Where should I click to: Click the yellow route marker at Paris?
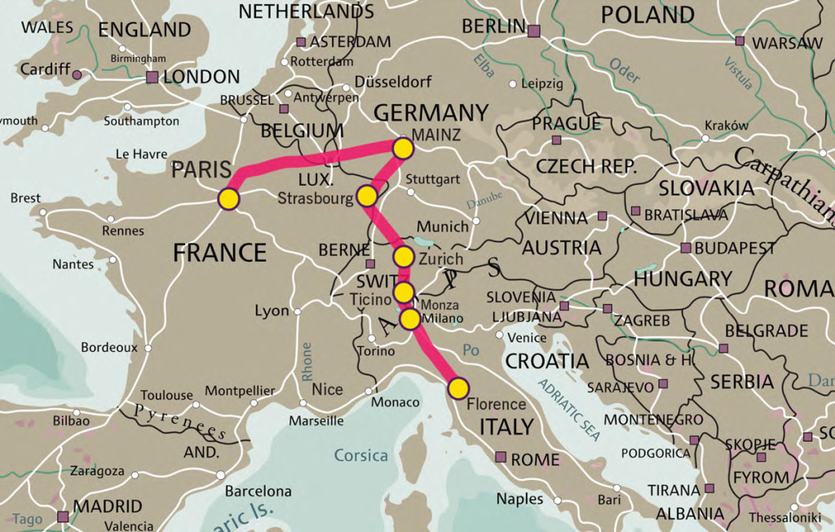click(228, 200)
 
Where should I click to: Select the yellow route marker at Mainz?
click(403, 147)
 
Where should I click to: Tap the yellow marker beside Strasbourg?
click(367, 196)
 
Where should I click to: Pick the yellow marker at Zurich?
click(404, 257)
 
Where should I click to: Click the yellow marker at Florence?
click(458, 388)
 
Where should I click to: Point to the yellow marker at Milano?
click(409, 319)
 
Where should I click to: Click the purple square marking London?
click(152, 77)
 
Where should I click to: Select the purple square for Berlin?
click(534, 31)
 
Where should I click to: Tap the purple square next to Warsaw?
click(740, 41)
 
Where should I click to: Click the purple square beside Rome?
click(501, 458)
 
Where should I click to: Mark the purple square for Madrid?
click(63, 516)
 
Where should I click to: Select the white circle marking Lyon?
click(298, 311)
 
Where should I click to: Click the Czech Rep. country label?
click(586, 166)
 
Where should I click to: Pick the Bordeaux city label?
click(109, 347)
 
